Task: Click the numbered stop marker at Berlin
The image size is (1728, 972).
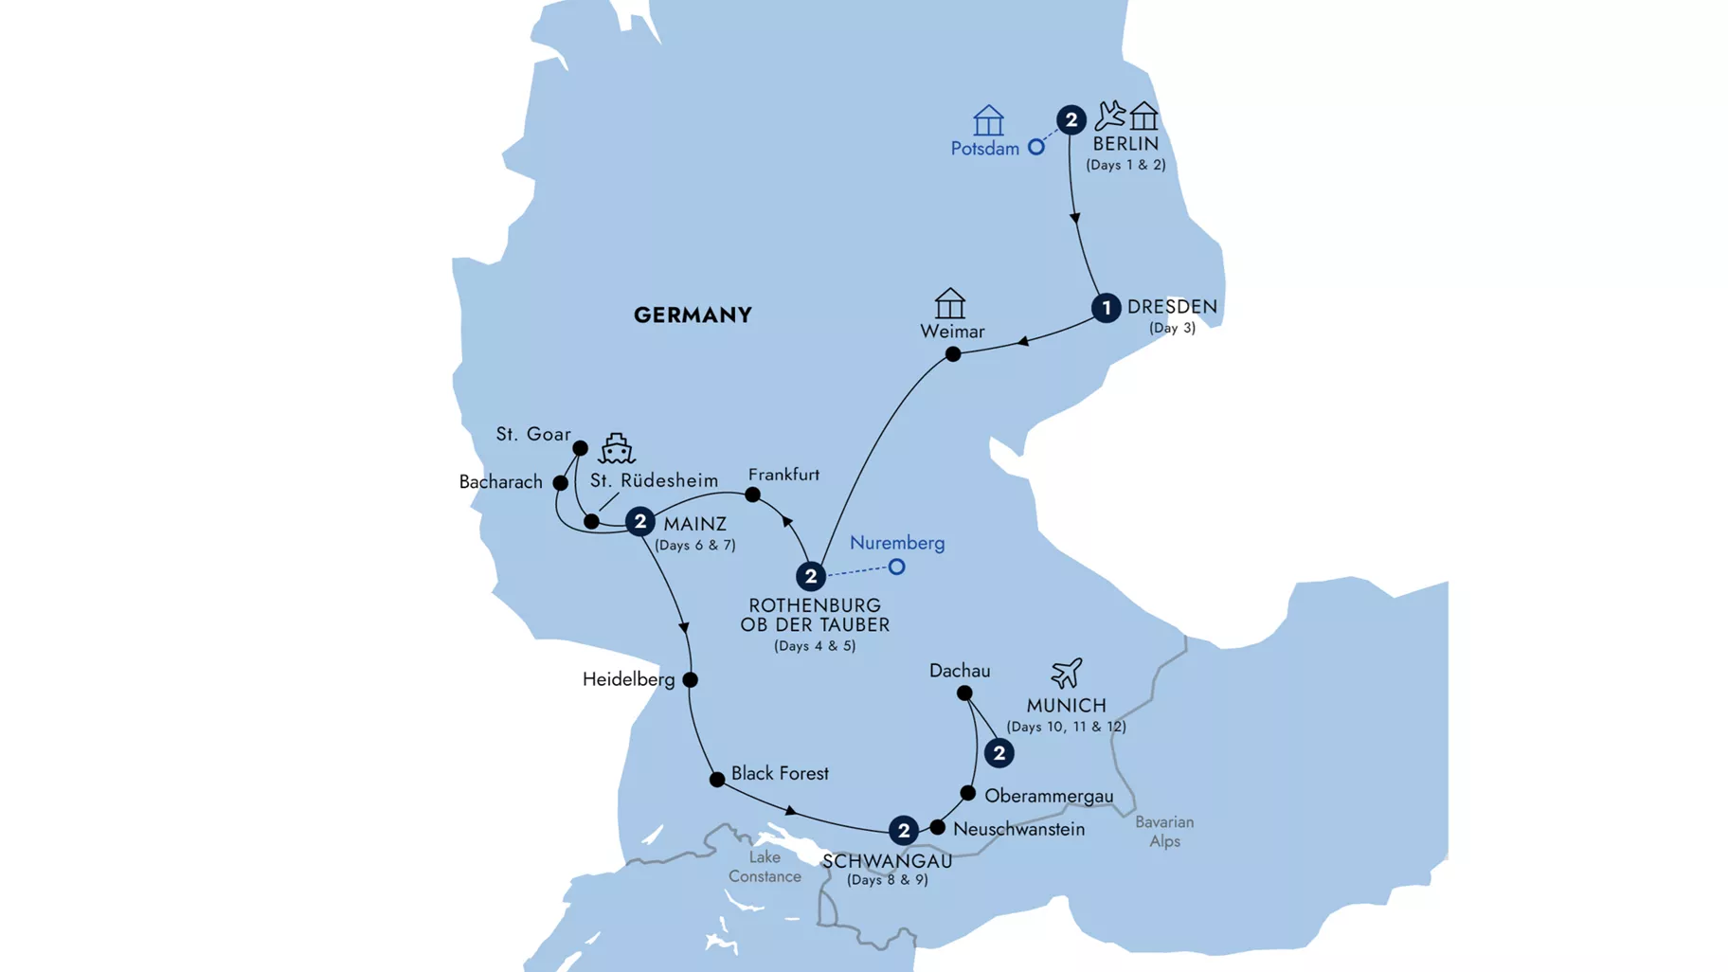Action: pyautogui.click(x=1071, y=119)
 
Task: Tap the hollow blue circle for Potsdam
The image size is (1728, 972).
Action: pyautogui.click(x=1036, y=147)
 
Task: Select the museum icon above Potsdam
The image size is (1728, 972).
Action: pyautogui.click(x=988, y=120)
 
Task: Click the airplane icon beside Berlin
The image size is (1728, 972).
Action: pyautogui.click(x=1109, y=116)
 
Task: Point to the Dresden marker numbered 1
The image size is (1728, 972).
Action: pyautogui.click(x=1106, y=308)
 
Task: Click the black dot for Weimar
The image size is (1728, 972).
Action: pyautogui.click(x=953, y=354)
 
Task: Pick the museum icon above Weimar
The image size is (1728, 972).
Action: pyautogui.click(x=949, y=303)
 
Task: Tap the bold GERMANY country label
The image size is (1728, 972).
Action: pyautogui.click(x=693, y=315)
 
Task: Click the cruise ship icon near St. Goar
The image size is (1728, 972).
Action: pyautogui.click(x=617, y=448)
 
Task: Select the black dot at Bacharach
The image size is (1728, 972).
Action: pyautogui.click(x=561, y=483)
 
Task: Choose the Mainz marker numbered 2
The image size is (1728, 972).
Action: pyautogui.click(x=640, y=521)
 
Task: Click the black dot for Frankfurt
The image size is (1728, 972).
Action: pyautogui.click(x=752, y=495)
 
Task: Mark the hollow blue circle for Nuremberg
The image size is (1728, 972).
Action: pyautogui.click(x=896, y=567)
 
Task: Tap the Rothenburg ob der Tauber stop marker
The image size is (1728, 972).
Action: pyautogui.click(x=810, y=576)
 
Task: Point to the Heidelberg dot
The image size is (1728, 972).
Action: pyautogui.click(x=691, y=679)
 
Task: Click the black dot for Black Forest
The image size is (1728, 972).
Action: pyautogui.click(x=717, y=780)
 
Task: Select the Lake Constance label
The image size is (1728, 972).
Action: pyautogui.click(x=765, y=867)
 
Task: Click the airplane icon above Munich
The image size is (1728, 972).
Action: pyautogui.click(x=1066, y=673)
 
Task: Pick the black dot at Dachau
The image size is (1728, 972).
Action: pyautogui.click(x=964, y=693)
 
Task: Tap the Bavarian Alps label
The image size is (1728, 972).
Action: pyautogui.click(x=1164, y=832)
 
